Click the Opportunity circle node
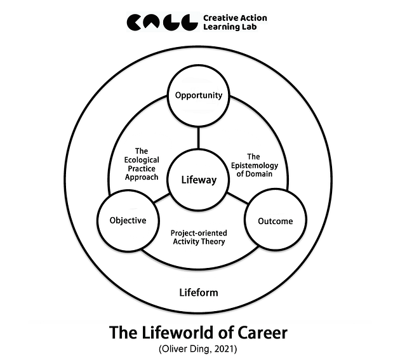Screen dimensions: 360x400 (199, 96)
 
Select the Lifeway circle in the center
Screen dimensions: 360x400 (199, 180)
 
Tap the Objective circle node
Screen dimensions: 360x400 (127, 220)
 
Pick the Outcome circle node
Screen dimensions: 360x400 (276, 221)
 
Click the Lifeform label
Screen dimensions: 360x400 (199, 293)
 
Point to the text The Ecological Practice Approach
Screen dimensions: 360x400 (142, 164)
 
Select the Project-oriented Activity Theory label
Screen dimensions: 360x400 (199, 237)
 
